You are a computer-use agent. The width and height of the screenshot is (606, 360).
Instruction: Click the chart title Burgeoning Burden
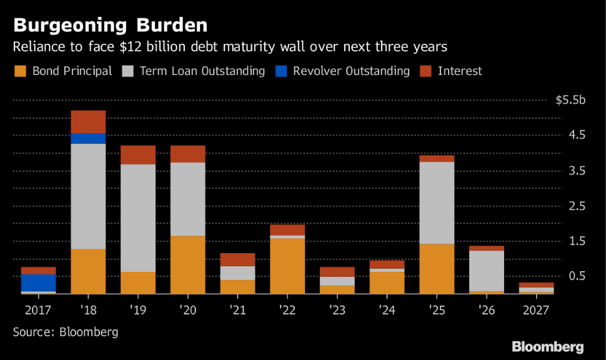coord(110,26)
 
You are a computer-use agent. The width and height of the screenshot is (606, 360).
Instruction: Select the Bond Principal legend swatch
coord(19,71)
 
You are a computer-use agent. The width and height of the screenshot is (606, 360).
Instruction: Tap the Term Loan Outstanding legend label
coord(202,71)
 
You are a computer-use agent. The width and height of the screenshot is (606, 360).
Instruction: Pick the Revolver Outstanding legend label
coord(351,71)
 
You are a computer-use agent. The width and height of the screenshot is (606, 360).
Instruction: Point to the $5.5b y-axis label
coord(570,100)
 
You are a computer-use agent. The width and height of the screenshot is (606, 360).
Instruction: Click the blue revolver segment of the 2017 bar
coord(38,283)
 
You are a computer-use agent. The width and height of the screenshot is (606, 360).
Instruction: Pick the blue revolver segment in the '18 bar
coord(88,138)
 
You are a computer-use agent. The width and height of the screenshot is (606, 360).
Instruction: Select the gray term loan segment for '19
coord(138,218)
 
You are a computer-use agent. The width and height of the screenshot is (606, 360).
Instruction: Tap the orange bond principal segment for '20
coord(187,264)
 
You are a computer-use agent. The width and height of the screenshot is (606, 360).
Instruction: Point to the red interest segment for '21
coord(237,259)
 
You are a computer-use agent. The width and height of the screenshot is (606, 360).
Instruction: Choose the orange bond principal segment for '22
coord(287,266)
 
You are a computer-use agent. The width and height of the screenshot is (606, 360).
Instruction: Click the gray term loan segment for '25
coord(436,202)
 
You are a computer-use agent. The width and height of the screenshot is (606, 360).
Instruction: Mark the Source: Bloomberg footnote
coord(66,332)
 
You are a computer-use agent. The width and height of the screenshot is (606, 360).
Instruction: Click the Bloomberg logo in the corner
coord(548,347)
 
